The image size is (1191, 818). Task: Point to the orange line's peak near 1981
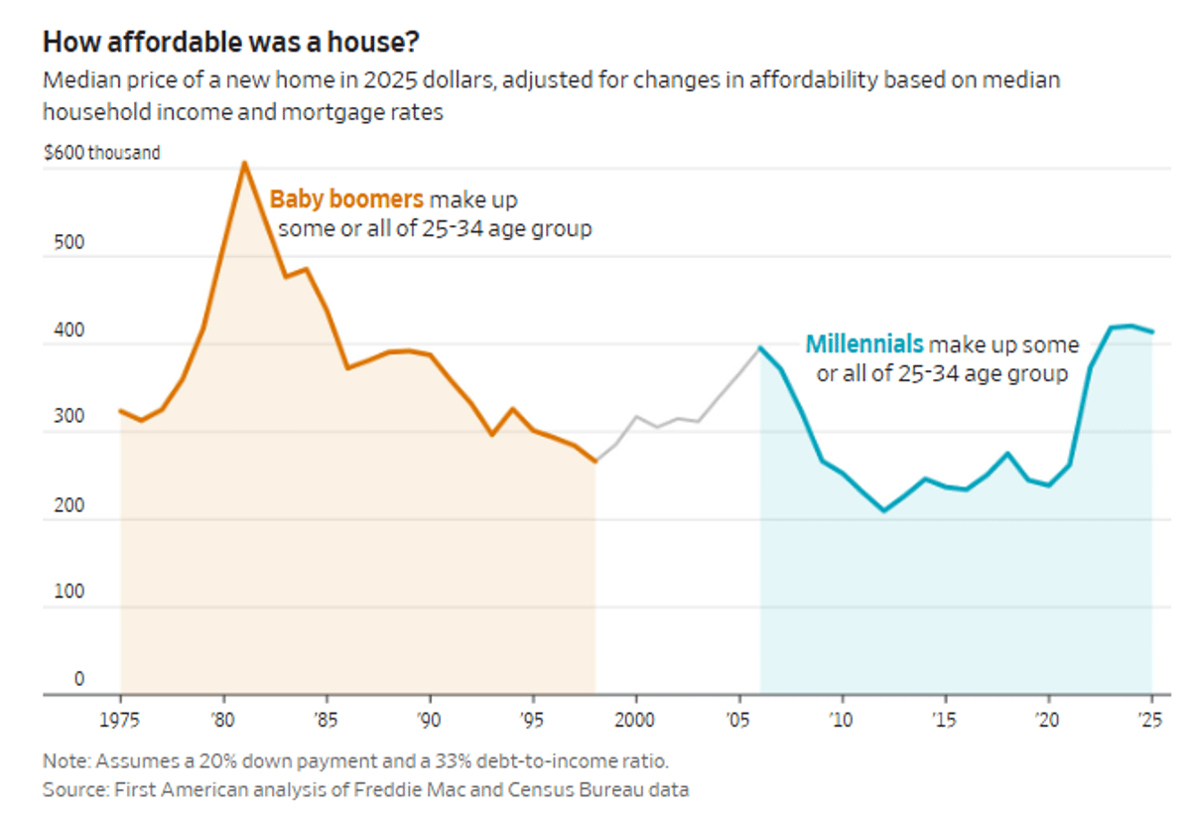(243, 163)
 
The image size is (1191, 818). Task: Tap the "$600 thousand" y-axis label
(101, 153)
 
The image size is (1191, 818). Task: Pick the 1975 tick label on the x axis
(121, 718)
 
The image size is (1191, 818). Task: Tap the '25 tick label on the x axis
(1151, 718)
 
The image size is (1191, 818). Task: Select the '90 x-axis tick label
(429, 718)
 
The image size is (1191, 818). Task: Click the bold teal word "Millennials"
(864, 344)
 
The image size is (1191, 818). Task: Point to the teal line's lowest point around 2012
(884, 510)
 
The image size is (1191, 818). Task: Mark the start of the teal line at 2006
(760, 347)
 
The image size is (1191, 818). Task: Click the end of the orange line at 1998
(595, 462)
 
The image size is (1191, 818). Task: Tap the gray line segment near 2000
(636, 417)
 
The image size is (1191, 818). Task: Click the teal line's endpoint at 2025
(1151, 332)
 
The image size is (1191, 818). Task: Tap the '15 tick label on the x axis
(945, 718)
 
